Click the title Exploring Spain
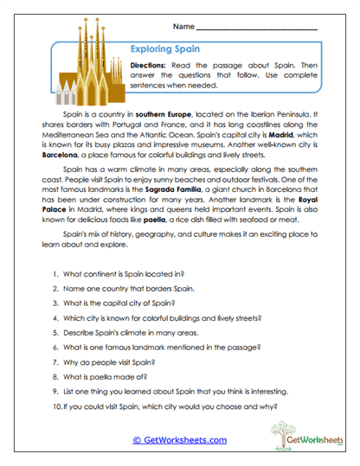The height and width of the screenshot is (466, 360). point(164,49)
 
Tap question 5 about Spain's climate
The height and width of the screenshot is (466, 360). point(125,331)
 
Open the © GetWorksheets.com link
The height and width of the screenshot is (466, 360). point(179,440)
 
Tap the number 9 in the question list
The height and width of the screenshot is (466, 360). point(55,389)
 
